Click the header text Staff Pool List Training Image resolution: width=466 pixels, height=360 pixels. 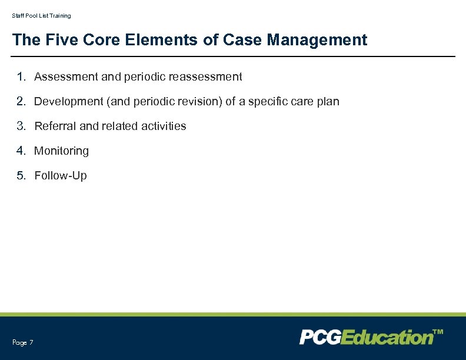(x=41, y=16)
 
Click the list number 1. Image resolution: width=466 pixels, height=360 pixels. (x=21, y=76)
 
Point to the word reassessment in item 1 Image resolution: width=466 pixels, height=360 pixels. (x=205, y=77)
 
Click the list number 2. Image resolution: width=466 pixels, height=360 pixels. (x=21, y=101)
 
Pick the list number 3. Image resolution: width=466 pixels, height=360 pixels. (x=21, y=126)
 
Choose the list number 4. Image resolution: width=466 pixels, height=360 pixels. (x=21, y=151)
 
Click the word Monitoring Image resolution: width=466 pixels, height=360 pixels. (x=61, y=151)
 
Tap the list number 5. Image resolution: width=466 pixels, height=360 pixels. (x=21, y=175)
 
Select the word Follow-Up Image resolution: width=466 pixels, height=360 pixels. (x=60, y=176)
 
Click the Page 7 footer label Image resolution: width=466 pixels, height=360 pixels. (x=22, y=342)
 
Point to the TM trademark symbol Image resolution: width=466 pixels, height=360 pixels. (x=438, y=332)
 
